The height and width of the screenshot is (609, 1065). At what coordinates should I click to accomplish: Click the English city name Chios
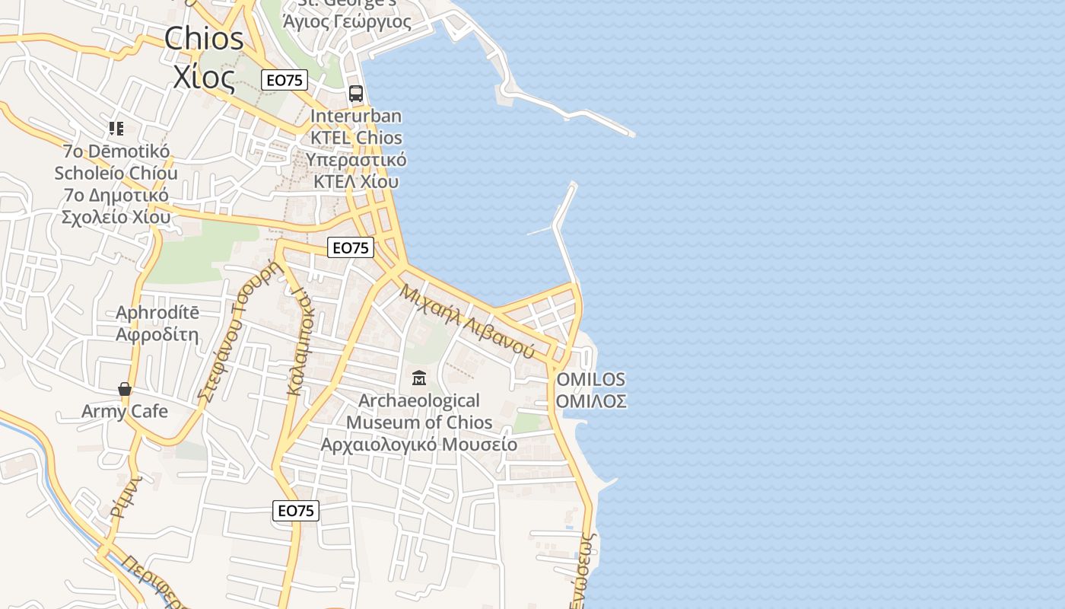[x=205, y=38]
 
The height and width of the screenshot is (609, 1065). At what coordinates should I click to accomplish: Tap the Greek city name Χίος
[x=205, y=77]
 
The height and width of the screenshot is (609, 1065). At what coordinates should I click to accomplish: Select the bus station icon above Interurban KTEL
[x=356, y=94]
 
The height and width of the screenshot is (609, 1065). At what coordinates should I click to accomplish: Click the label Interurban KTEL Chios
[x=356, y=127]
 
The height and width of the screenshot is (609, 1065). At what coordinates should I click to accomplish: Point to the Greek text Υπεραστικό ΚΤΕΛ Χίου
[x=356, y=171]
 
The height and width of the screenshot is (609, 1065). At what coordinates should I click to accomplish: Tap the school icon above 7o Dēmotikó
[x=116, y=129]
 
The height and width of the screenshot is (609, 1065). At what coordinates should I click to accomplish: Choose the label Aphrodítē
[x=157, y=313]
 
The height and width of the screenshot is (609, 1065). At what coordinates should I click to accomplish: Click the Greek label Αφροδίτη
[x=157, y=334]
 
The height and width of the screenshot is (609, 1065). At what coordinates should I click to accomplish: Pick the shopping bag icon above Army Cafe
[x=125, y=390]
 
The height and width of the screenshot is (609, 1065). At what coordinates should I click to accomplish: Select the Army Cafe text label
[x=125, y=412]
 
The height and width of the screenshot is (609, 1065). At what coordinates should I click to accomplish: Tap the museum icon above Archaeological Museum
[x=418, y=378]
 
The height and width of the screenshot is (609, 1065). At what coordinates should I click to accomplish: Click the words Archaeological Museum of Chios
[x=419, y=411]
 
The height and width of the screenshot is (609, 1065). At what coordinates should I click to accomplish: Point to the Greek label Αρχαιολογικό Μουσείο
[x=419, y=445]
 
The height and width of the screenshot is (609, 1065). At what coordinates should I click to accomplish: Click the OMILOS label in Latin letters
[x=591, y=379]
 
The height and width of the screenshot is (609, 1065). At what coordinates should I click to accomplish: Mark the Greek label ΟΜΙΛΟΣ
[x=591, y=401]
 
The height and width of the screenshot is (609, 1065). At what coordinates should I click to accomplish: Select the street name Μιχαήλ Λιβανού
[x=466, y=320]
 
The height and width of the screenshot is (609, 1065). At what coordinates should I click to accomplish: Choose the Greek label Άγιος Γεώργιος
[x=347, y=21]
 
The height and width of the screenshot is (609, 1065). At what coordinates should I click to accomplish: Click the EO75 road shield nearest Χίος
[x=285, y=80]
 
